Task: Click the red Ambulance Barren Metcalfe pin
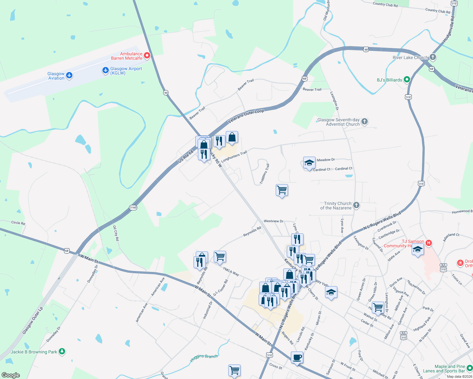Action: (147, 56)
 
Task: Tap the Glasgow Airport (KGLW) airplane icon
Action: (106, 70)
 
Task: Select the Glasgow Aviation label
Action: (56, 76)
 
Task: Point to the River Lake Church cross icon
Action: (433, 57)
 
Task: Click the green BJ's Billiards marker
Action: (407, 80)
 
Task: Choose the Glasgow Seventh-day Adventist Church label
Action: (339, 122)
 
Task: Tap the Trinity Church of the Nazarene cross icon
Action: (356, 205)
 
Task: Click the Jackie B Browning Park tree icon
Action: (62, 351)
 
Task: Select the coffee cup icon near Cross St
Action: (297, 358)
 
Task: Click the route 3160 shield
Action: (133, 208)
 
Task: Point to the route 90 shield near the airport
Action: (166, 93)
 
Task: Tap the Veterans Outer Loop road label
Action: (246, 116)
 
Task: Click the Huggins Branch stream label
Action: (204, 358)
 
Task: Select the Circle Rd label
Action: (18, 223)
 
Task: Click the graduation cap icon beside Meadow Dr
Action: (309, 163)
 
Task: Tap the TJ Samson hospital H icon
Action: (428, 243)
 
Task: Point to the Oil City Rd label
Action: (116, 233)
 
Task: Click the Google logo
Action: (11, 375)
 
